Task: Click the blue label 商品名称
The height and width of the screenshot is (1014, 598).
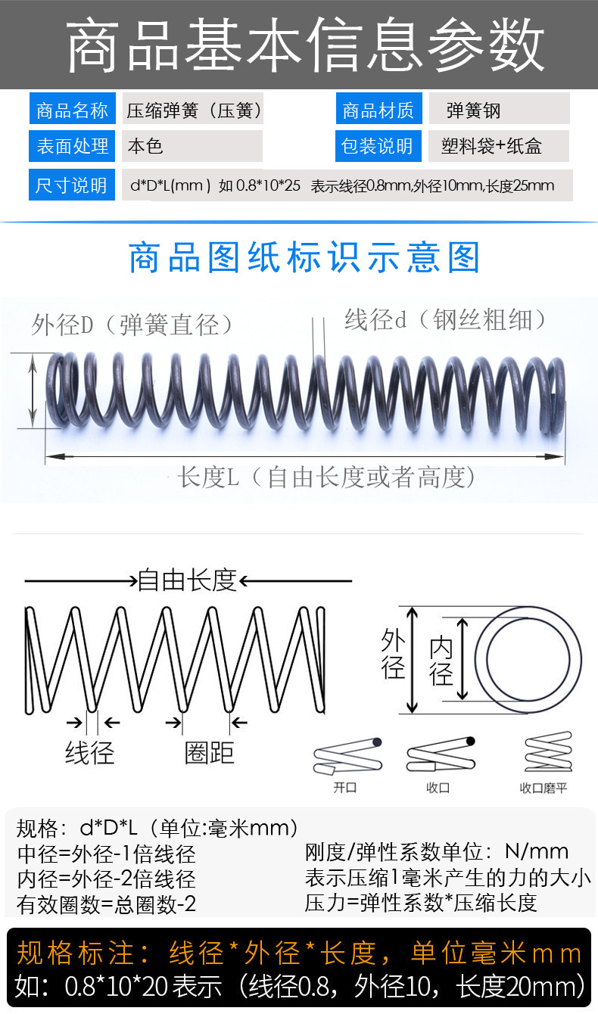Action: (72, 109)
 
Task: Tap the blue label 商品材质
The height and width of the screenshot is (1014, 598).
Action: (378, 109)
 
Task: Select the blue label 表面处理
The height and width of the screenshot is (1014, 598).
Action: (72, 146)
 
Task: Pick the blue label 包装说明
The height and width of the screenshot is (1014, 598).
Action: (378, 146)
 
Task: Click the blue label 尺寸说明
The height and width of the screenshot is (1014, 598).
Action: (71, 185)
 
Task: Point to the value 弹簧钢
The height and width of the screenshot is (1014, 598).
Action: (474, 110)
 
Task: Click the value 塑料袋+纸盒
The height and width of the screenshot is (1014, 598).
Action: (491, 146)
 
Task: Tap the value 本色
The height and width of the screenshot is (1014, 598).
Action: (145, 146)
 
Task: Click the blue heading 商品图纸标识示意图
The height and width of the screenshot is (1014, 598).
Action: (304, 257)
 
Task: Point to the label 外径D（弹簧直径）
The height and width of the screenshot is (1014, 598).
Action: (132, 325)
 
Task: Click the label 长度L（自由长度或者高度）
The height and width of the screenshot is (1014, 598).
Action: (326, 477)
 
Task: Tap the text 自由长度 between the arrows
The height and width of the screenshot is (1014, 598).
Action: (187, 580)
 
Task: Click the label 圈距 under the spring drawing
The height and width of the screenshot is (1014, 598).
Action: (209, 753)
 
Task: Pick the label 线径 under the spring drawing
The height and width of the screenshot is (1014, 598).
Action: (89, 753)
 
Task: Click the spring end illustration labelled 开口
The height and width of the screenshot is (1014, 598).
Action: (347, 757)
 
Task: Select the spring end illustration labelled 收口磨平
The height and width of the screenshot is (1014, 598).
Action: (548, 752)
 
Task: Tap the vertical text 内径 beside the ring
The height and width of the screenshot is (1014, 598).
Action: (441, 661)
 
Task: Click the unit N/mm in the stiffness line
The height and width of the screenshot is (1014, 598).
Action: (537, 852)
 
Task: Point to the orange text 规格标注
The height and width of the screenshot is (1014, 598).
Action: (75, 953)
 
